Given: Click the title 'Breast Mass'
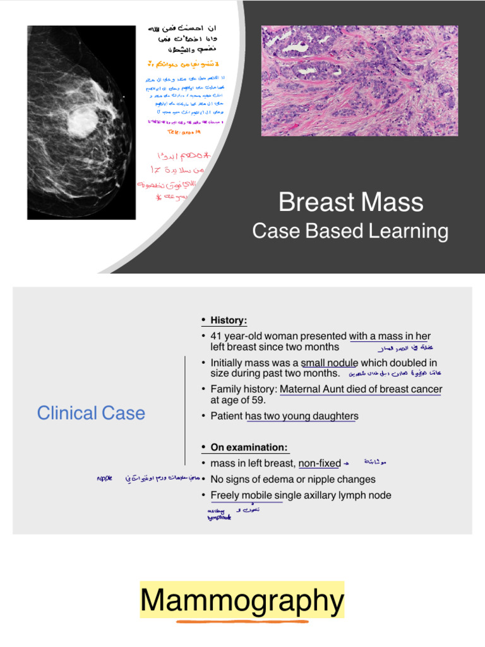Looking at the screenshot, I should pyautogui.click(x=350, y=202).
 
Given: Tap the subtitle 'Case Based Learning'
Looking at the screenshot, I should pyautogui.click(x=350, y=231).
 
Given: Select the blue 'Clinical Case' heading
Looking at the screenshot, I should pyautogui.click(x=91, y=413).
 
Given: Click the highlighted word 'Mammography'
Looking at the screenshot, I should pyautogui.click(x=242, y=601).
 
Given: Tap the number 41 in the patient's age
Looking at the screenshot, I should pyautogui.click(x=217, y=336).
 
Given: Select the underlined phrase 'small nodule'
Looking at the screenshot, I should pyautogui.click(x=329, y=363).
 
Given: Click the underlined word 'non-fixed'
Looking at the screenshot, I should pyautogui.click(x=320, y=463).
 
